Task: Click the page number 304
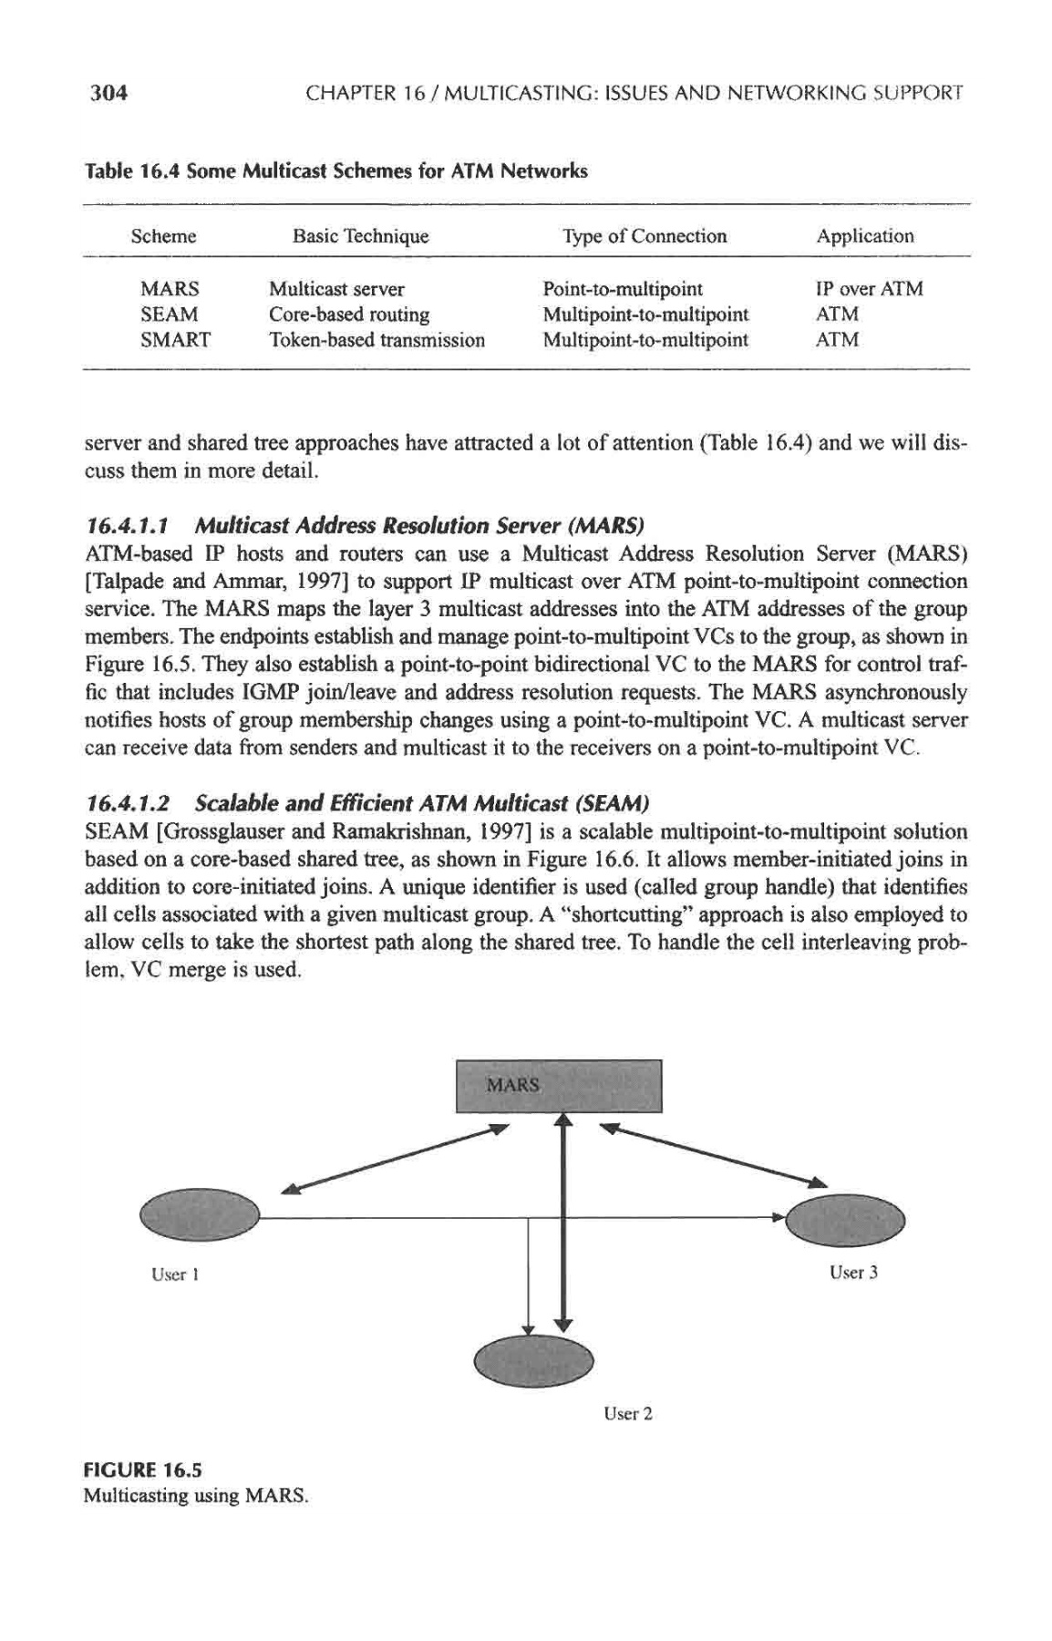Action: (x=105, y=92)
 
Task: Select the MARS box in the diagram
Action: (x=558, y=1086)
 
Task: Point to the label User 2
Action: (x=627, y=1414)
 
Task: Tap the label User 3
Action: (x=852, y=1272)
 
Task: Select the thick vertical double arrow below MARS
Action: (x=563, y=1222)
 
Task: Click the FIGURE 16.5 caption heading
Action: (x=142, y=1470)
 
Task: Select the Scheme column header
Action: (x=163, y=237)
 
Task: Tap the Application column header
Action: (x=864, y=237)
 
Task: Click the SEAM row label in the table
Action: (x=169, y=315)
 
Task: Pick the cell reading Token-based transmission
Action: (x=376, y=340)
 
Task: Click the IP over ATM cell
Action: (x=869, y=289)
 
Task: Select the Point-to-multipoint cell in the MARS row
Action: (x=623, y=289)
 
